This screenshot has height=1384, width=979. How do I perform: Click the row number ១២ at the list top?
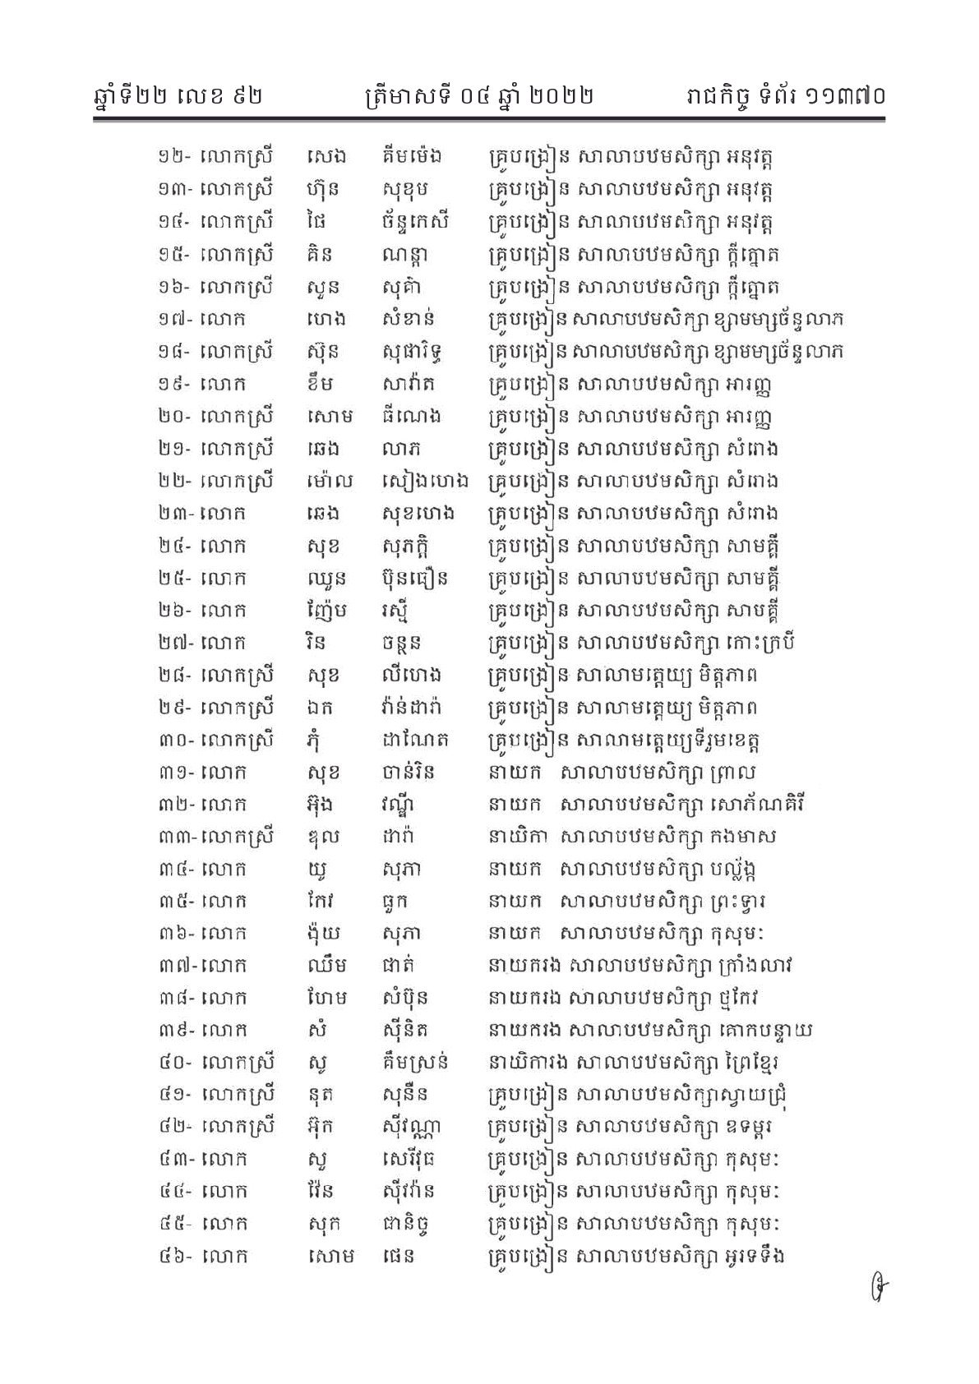[x=173, y=157]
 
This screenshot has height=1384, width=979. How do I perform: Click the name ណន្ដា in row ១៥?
[x=404, y=256]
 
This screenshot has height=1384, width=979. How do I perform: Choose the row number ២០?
[x=173, y=417]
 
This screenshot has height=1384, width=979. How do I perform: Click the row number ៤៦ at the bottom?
[x=173, y=1257]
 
